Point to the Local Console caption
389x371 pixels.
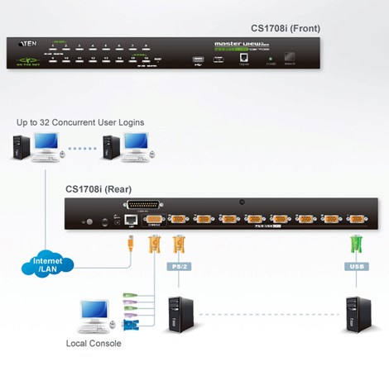click(94, 343)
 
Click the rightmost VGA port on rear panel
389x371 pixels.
click(357, 220)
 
